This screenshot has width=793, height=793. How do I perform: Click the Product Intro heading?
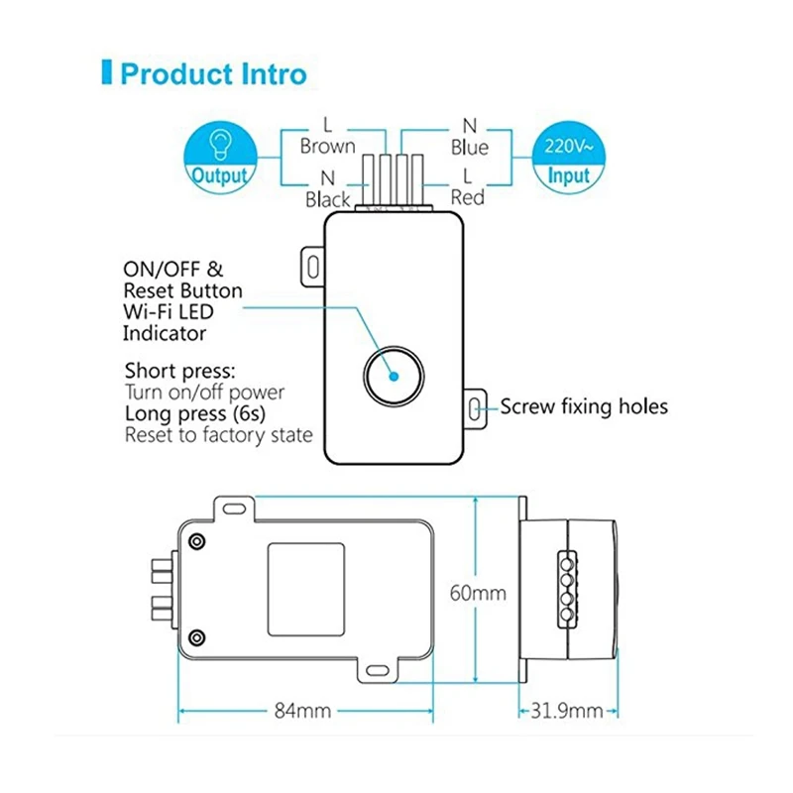pos(212,74)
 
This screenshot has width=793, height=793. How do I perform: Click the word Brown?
pos(327,147)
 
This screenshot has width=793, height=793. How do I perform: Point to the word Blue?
pos(470,148)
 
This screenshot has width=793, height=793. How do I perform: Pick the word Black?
pos(328,199)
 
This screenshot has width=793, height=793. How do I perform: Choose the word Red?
pos(468,198)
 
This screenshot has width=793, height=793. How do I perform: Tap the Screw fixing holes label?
pos(584,406)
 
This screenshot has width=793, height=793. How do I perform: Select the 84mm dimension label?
pos(301,711)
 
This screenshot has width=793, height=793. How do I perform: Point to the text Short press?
pos(180,371)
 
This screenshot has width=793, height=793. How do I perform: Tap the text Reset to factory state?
pos(218,434)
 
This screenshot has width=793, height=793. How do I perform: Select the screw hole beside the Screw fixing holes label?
pos(475,407)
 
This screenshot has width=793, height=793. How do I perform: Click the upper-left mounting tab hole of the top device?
pos(311,265)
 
